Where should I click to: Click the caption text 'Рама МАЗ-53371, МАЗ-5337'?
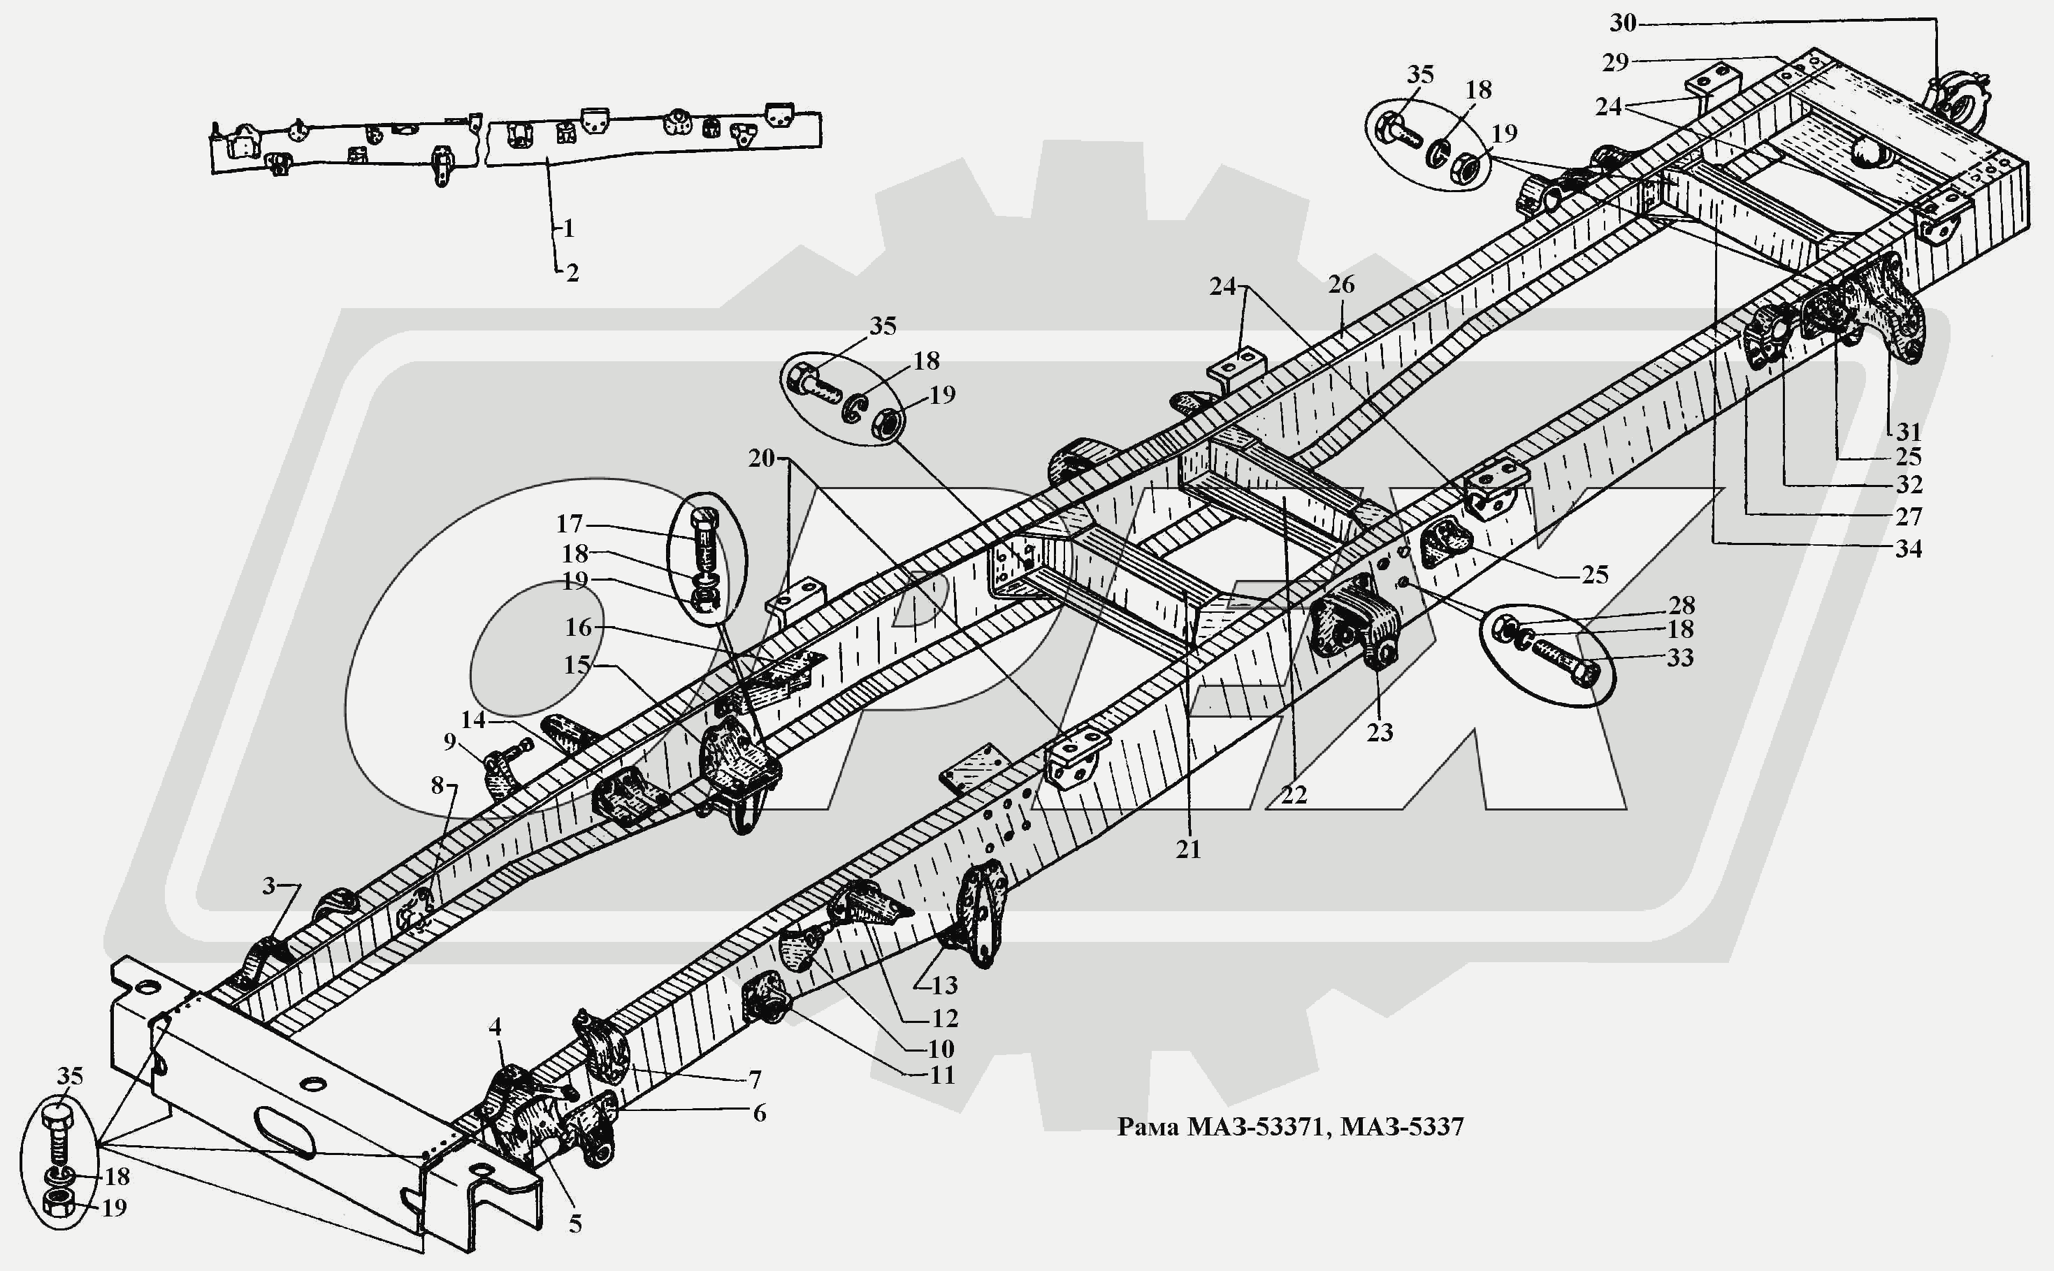tap(1289, 1126)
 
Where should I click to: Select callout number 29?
tap(1615, 61)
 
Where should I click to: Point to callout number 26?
tap(1341, 285)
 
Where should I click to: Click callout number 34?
tap(1909, 549)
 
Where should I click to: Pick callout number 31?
tap(1909, 431)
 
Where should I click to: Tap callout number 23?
tap(1380, 732)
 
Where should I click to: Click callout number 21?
tap(1188, 850)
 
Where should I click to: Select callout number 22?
tap(1294, 795)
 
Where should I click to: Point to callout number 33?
tap(1680, 658)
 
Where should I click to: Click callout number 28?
tap(1681, 604)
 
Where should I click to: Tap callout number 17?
tap(569, 523)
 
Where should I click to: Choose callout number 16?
tap(579, 627)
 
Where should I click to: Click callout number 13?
tap(944, 985)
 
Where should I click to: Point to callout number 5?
tap(575, 1224)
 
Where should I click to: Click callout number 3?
tap(268, 885)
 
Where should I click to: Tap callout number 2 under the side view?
tap(572, 273)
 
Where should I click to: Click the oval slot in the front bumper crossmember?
tap(283, 1131)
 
